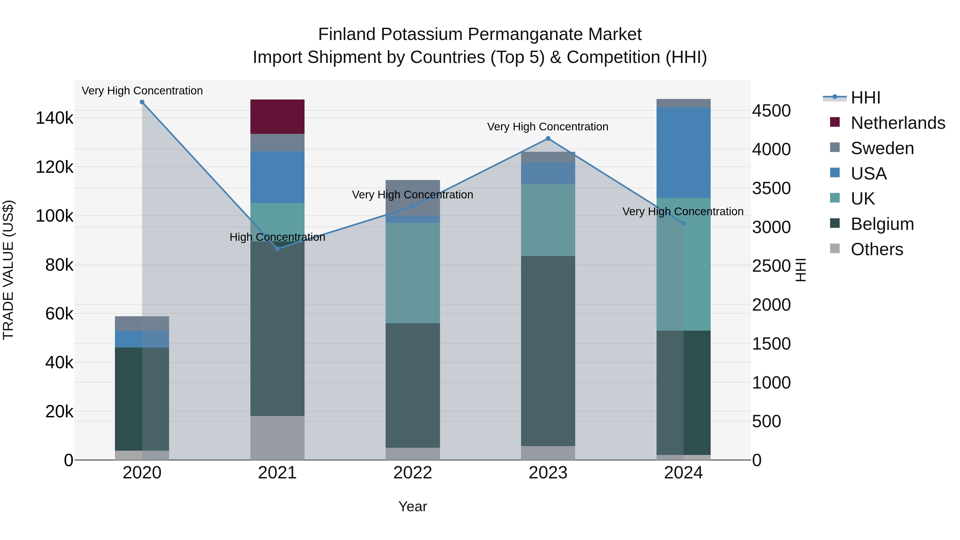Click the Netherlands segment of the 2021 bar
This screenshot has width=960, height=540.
(277, 117)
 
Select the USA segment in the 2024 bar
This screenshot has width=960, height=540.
(683, 153)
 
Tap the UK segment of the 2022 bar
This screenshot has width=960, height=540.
(413, 273)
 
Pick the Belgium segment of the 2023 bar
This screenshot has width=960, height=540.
(548, 351)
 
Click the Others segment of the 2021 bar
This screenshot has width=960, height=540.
(277, 438)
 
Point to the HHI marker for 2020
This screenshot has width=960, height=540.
(142, 102)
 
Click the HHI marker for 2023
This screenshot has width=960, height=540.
(548, 139)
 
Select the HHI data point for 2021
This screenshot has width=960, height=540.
(277, 249)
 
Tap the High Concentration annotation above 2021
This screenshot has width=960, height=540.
(277, 237)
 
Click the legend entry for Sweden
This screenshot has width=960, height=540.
(882, 148)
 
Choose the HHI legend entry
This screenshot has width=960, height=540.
(865, 98)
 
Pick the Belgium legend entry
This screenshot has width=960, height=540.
(882, 224)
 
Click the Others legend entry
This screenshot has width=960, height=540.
(877, 249)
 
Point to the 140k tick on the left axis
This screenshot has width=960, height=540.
(54, 118)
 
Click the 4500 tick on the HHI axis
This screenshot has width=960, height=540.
(771, 111)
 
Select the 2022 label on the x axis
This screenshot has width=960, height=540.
(413, 473)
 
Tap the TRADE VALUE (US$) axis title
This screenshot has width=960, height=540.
(8, 270)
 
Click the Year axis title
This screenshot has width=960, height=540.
(413, 506)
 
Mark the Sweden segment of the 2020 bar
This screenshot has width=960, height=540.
(142, 323)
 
